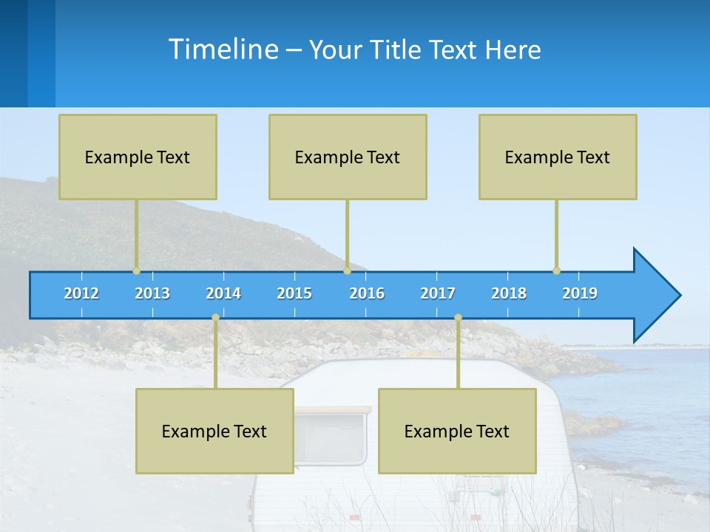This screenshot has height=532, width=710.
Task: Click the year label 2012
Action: point(81,293)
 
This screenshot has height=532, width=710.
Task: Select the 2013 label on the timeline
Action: point(152,293)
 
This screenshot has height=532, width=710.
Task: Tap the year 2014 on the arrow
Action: point(223,293)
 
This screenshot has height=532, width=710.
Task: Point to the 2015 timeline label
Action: point(294,293)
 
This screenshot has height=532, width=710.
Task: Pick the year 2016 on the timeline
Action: point(367,293)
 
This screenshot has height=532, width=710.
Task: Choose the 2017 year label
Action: point(438,293)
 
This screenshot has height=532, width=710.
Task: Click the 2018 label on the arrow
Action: point(509,293)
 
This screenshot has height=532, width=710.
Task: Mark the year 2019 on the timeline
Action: point(580,293)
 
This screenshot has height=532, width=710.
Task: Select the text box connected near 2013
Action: point(138,157)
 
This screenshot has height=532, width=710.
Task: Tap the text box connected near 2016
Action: point(348,157)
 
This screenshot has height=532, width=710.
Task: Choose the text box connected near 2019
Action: point(558,157)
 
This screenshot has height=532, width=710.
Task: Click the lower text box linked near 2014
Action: point(214,431)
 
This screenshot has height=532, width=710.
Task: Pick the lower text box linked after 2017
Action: point(457,431)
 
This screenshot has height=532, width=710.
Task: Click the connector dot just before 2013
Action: point(136,270)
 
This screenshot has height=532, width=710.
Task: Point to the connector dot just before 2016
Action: point(347,270)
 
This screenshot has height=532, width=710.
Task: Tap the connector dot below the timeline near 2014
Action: point(215,318)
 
